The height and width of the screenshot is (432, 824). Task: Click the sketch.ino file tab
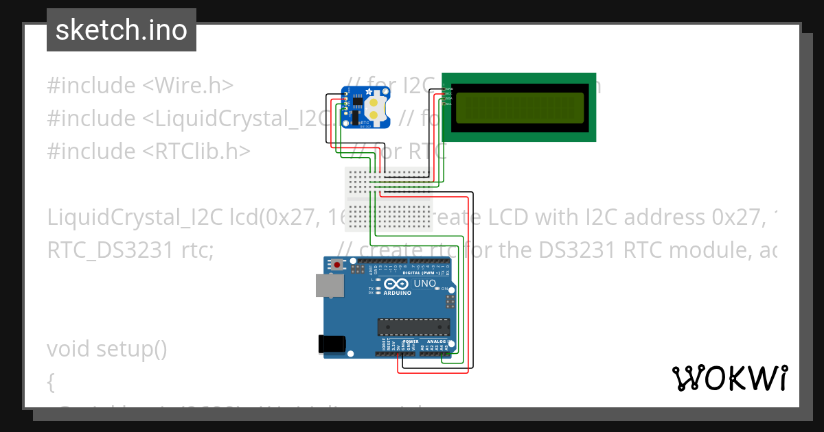[x=122, y=30]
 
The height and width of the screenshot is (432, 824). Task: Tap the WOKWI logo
[x=729, y=378]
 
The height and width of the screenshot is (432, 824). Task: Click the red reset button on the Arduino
[x=337, y=264]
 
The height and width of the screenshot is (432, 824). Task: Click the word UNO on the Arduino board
[x=424, y=283]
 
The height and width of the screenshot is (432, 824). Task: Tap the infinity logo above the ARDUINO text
[x=397, y=283]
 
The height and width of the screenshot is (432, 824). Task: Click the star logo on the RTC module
[x=369, y=92]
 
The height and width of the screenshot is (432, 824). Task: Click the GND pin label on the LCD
[x=450, y=88]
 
